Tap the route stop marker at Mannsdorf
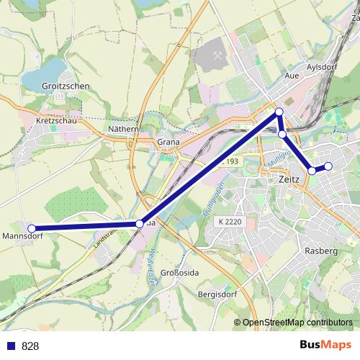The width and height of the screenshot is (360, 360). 32,229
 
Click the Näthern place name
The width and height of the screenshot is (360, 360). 122,129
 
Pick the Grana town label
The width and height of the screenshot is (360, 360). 168,143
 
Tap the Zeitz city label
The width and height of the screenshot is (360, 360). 287,183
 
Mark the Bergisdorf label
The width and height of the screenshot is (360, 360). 218,295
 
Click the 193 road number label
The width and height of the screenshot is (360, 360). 231,162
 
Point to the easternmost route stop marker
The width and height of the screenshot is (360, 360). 328,166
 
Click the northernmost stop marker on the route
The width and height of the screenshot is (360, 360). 279,112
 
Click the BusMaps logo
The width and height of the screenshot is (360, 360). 325,346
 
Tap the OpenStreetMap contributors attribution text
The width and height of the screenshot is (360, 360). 297,323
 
